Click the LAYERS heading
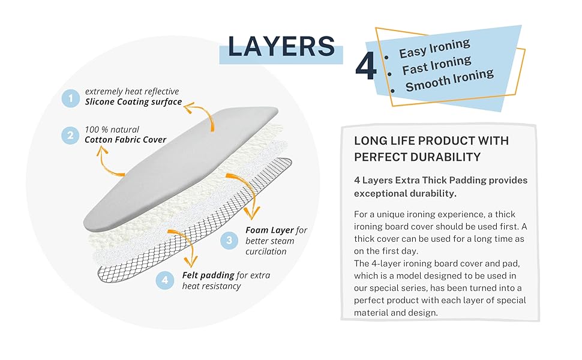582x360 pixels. click(x=281, y=47)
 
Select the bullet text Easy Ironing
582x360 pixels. click(x=435, y=48)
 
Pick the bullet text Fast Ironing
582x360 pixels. click(x=437, y=65)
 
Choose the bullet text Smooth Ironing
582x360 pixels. click(x=449, y=82)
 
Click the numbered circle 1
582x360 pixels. click(x=71, y=98)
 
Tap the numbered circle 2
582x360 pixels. click(x=71, y=135)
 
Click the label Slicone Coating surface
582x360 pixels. click(x=133, y=102)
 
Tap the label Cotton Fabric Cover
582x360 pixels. click(x=125, y=140)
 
